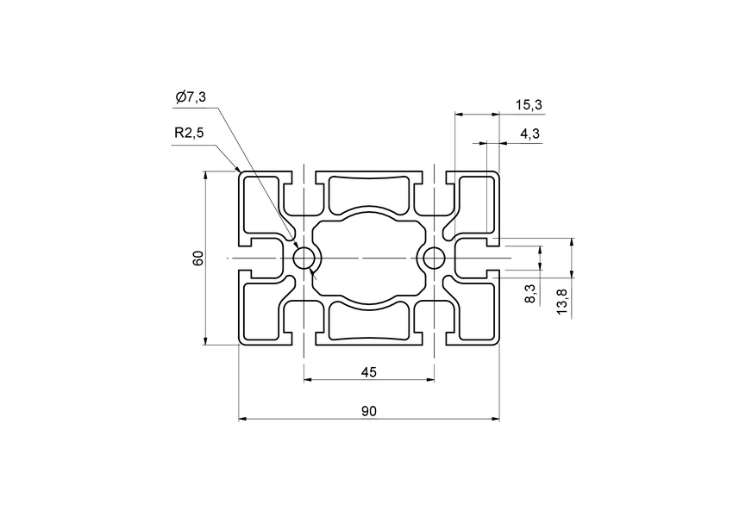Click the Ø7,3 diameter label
190,98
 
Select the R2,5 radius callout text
189,134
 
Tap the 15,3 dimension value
528,105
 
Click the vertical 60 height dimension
198,258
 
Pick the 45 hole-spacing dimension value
368,372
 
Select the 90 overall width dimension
368,412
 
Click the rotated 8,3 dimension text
530,293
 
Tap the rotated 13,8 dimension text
562,302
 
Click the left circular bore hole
304,258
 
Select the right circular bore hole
434,258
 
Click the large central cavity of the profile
368,258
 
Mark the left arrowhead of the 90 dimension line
242,419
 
